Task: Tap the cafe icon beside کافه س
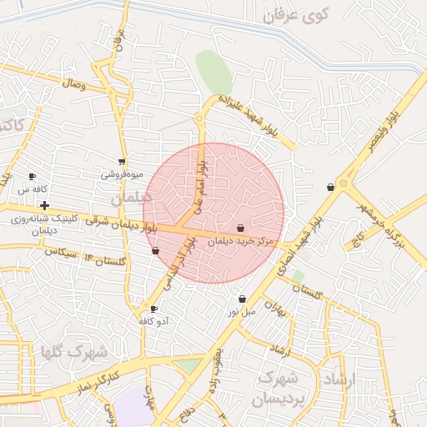point(33,177)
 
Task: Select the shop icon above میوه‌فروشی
point(122,162)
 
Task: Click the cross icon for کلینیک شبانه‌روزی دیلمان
point(44,205)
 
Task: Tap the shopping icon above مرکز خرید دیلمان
point(241,228)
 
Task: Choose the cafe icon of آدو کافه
point(153,309)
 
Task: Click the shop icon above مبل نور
point(242,299)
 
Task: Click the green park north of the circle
point(213,73)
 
